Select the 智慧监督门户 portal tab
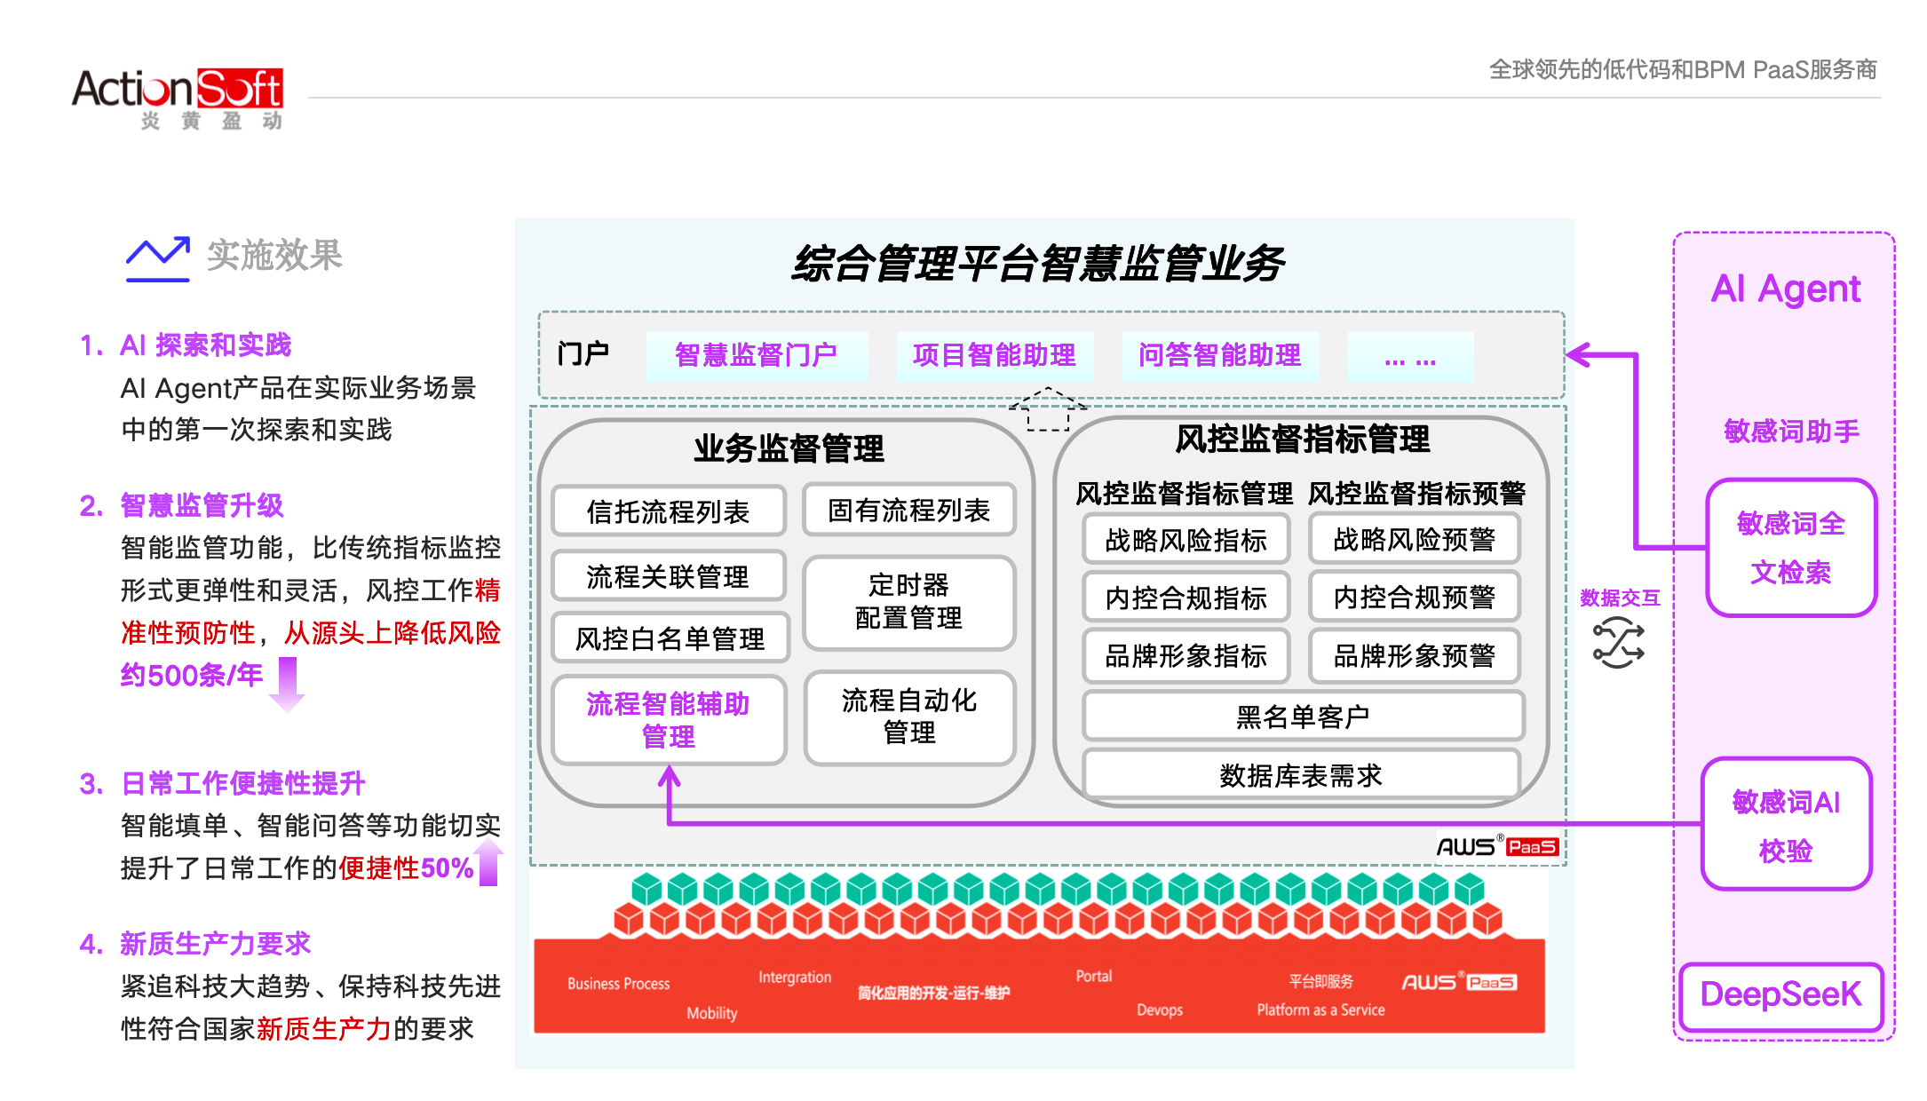757,356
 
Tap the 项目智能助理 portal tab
995,356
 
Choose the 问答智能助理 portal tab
1220,356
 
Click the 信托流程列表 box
669,511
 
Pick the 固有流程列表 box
909,510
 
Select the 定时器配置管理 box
909,602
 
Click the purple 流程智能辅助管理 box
669,719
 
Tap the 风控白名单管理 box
670,638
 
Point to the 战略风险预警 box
1415,539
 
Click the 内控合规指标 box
1186,598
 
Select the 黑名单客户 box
1303,716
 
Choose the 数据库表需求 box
1302,774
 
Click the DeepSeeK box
1780,995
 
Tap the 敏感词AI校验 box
1786,824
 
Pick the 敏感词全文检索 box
1791,548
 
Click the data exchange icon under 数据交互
1618,643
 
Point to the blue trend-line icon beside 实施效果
158,258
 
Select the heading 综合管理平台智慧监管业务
1039,264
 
